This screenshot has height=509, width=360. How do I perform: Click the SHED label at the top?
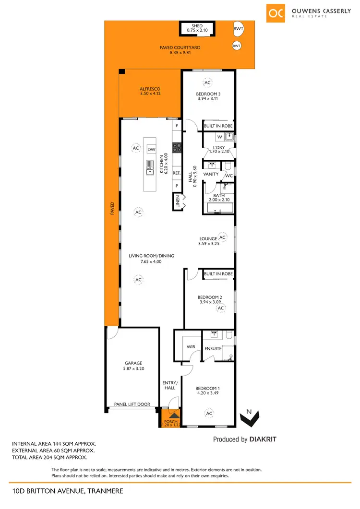point(197,26)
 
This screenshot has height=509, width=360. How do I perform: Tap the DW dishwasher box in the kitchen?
point(152,149)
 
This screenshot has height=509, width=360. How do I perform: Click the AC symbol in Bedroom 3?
point(208,83)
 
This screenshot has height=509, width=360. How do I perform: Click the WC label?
point(229,176)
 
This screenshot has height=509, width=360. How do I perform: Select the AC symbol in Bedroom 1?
point(209,413)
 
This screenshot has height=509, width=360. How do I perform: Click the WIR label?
point(189,346)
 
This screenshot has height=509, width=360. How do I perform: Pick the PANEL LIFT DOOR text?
point(132,404)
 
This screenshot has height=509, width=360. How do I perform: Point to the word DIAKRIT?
point(263,439)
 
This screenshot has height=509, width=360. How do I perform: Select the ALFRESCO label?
point(150,89)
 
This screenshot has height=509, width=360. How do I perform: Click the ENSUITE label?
point(213,349)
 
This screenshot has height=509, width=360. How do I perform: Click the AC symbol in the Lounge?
point(222,237)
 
